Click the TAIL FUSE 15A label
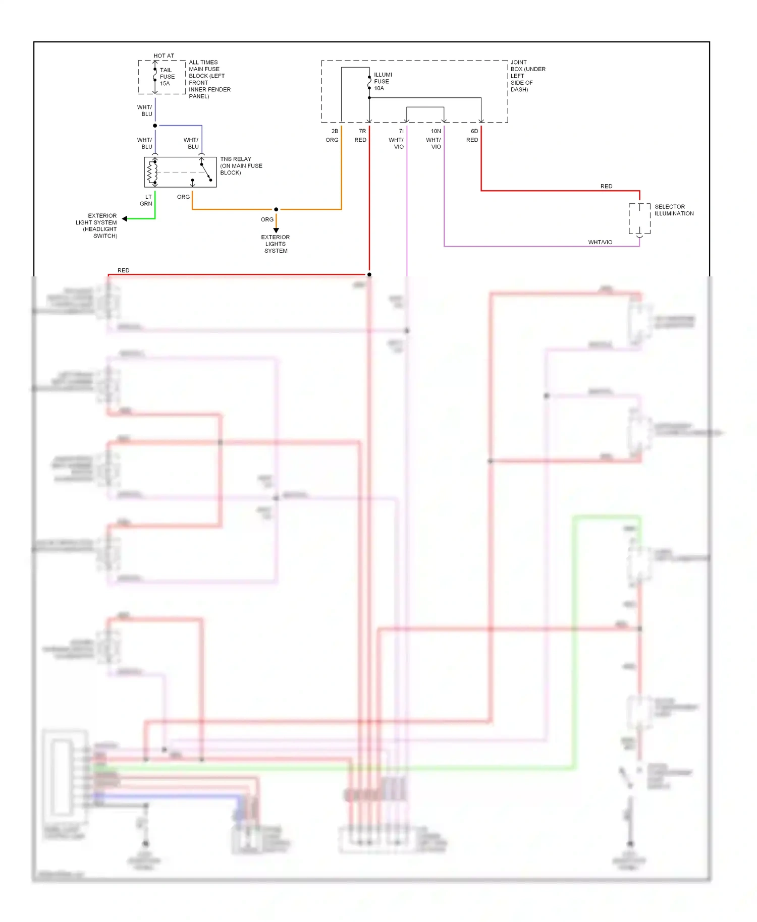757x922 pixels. pyautogui.click(x=167, y=77)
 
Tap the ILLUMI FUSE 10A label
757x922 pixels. pyautogui.click(x=383, y=81)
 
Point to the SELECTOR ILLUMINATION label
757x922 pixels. pyautogui.click(x=674, y=210)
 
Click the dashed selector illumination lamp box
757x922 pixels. pyautogui.click(x=639, y=219)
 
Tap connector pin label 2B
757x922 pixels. pyautogui.click(x=335, y=131)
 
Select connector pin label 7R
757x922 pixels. pyautogui.click(x=362, y=131)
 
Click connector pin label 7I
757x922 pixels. pyautogui.click(x=401, y=131)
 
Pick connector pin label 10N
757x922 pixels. pyautogui.click(x=436, y=131)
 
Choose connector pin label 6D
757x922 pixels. pyautogui.click(x=474, y=131)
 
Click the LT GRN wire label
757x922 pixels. pyautogui.click(x=146, y=200)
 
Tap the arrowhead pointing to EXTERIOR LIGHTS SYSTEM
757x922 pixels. pyautogui.click(x=276, y=231)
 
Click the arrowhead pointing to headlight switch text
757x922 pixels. pyautogui.click(x=124, y=219)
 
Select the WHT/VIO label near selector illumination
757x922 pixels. pyautogui.click(x=600, y=242)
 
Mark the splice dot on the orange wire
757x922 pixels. pyautogui.click(x=276, y=209)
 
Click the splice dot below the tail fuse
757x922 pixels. pyautogui.click(x=155, y=126)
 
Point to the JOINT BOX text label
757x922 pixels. pyautogui.click(x=527, y=76)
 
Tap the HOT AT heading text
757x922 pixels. pyautogui.click(x=164, y=56)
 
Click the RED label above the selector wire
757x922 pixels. pyautogui.click(x=606, y=186)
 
